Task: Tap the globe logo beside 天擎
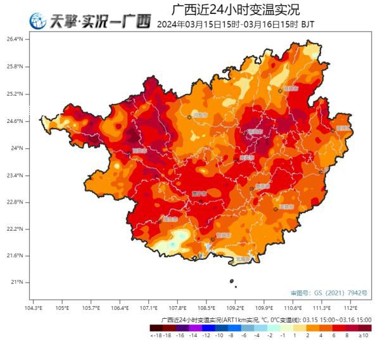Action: click(39, 22)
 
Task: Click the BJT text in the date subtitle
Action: click(307, 25)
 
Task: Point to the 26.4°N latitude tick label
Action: click(15, 39)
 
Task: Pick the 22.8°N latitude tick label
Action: click(15, 202)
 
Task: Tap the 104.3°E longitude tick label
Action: click(33, 308)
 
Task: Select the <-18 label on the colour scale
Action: click(155, 335)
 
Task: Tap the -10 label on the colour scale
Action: click(218, 335)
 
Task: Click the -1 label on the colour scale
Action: click(283, 335)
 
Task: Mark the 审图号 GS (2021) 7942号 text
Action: click(329, 293)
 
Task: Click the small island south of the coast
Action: click(232, 281)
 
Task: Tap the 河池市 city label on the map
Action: click(200, 115)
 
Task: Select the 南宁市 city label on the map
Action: click(201, 193)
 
